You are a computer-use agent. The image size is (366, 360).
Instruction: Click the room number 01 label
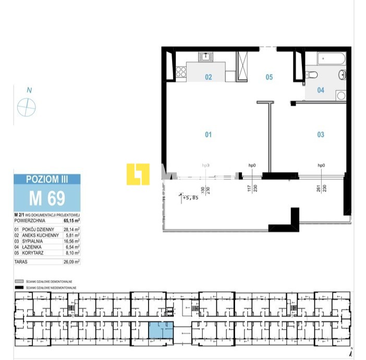(208, 135)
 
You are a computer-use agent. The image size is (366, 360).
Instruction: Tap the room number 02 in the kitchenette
(208, 77)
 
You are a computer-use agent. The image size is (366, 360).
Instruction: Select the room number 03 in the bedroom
(321, 135)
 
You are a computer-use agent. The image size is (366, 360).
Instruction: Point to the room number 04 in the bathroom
(321, 90)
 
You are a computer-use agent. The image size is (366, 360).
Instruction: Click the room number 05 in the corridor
(269, 77)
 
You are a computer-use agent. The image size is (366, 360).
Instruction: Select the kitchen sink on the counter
(205, 56)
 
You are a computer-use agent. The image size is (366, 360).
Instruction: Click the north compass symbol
(27, 107)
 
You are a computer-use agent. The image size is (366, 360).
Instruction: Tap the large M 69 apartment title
(47, 198)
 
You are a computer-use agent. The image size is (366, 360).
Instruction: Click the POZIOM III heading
(47, 179)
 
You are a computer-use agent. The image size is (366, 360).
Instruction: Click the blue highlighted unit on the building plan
(162, 330)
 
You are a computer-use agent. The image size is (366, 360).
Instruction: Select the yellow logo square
(138, 174)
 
